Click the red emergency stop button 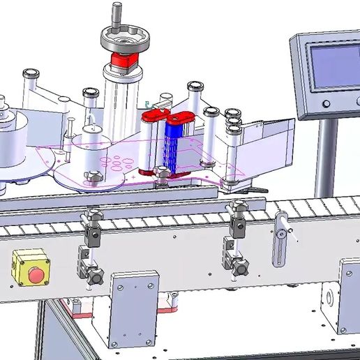35,273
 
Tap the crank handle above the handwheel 117,13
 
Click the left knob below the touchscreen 326,104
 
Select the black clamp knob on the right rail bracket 241,266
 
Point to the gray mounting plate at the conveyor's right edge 349,293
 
